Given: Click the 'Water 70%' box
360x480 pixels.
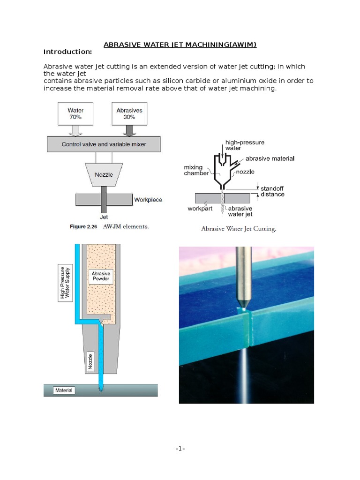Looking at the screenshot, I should (x=75, y=114).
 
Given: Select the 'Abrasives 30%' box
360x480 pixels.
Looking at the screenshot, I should (x=129, y=114).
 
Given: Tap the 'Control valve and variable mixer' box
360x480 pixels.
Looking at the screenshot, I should (x=104, y=144).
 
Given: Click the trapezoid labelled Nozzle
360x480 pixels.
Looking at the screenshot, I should (x=104, y=174).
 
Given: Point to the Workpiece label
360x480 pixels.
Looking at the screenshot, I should (x=148, y=200).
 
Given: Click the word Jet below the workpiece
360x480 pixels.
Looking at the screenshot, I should (x=104, y=217).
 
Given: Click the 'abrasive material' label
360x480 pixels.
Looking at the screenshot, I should (x=270, y=158).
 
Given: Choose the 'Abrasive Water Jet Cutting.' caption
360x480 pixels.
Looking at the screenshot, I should (x=239, y=229).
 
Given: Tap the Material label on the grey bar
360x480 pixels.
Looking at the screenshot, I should (x=64, y=390).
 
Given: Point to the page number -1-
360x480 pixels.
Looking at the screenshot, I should (x=180, y=449).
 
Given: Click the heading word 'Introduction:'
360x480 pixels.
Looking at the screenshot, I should (x=67, y=52).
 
